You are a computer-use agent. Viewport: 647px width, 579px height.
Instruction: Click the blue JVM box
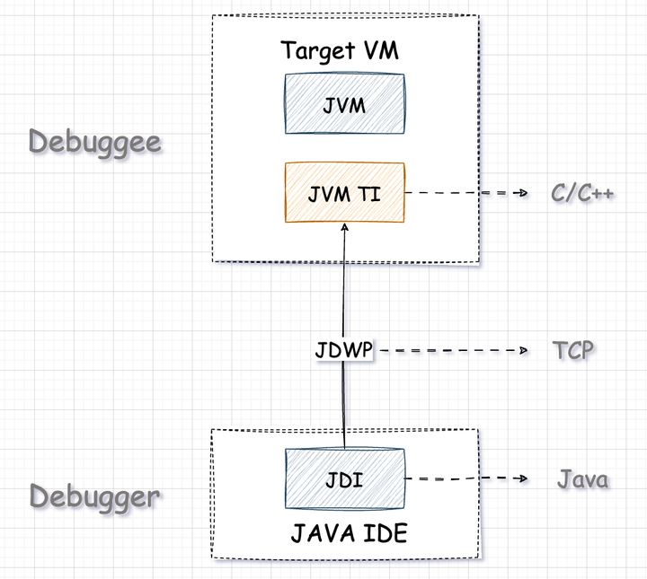(344, 103)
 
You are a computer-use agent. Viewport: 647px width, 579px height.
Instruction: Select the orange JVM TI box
(344, 192)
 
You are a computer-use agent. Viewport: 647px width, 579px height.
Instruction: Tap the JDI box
(344, 478)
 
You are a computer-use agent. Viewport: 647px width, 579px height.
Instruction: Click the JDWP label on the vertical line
(344, 351)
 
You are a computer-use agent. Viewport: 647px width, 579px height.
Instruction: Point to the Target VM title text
(340, 50)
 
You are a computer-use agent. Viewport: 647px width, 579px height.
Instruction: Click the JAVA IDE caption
(349, 534)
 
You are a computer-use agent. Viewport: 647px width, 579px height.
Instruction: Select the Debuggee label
(95, 142)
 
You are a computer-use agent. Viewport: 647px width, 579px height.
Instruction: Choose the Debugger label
(95, 496)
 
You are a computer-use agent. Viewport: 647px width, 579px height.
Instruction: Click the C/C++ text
(582, 193)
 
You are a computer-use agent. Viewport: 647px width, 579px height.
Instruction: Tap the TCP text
(573, 350)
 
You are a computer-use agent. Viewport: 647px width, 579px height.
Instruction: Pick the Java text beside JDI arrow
(582, 479)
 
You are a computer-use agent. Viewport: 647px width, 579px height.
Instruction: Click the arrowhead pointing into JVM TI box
(344, 228)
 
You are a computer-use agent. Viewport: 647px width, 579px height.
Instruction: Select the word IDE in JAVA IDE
(386, 534)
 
